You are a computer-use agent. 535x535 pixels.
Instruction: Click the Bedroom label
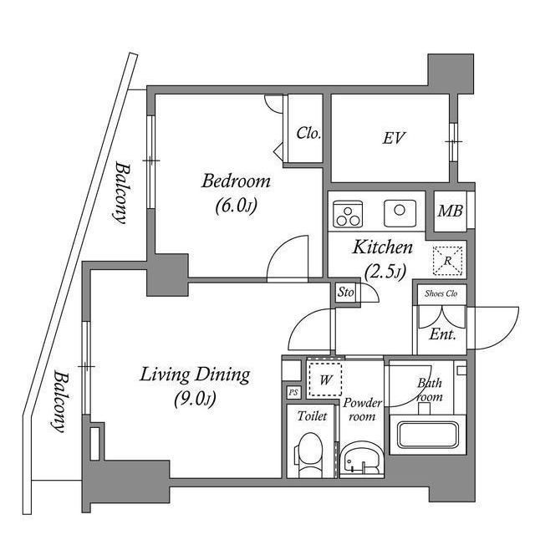[236, 181]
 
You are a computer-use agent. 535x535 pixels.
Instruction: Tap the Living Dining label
[194, 374]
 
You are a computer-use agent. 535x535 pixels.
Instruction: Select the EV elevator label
[394, 138]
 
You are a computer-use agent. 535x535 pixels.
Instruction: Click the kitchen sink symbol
[400, 212]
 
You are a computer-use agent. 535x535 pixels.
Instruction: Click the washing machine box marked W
[324, 379]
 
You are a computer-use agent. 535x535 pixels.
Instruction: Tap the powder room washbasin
[361, 459]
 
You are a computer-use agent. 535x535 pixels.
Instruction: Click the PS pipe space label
[293, 392]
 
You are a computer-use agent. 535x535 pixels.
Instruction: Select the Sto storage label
[345, 292]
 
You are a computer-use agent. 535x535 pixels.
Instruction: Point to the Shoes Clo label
[441, 293]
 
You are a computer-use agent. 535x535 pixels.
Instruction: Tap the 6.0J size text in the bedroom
[236, 204]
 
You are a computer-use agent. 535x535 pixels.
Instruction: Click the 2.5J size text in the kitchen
[385, 270]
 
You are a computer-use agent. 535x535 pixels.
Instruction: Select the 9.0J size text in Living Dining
[194, 399]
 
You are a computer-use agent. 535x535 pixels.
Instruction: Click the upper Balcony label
[121, 192]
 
